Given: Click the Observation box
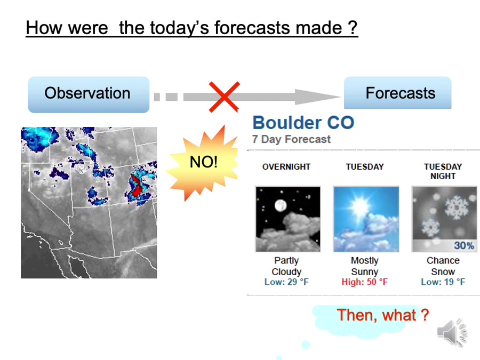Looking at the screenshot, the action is [x=89, y=94].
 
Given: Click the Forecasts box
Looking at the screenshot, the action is [x=398, y=93].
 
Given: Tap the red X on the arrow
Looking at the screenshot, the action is [x=224, y=97].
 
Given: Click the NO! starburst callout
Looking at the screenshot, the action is [x=203, y=163].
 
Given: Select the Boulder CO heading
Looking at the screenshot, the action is [x=303, y=123].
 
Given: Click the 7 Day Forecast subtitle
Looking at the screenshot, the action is [x=291, y=139].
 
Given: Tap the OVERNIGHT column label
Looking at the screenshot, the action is [x=286, y=167].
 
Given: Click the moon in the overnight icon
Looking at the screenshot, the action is [x=281, y=205].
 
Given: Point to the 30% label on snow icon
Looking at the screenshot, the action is [x=464, y=245].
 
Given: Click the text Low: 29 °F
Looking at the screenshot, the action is [x=286, y=282].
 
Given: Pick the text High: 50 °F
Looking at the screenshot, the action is [x=365, y=282].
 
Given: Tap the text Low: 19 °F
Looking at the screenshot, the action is [x=443, y=282].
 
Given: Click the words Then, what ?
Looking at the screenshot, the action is [x=382, y=315].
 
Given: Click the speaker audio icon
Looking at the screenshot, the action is [x=452, y=332].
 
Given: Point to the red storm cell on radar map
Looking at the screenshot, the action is [x=136, y=186].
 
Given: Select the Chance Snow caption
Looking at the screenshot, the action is [x=443, y=266].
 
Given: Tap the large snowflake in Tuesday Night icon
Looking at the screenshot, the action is [x=457, y=207].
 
